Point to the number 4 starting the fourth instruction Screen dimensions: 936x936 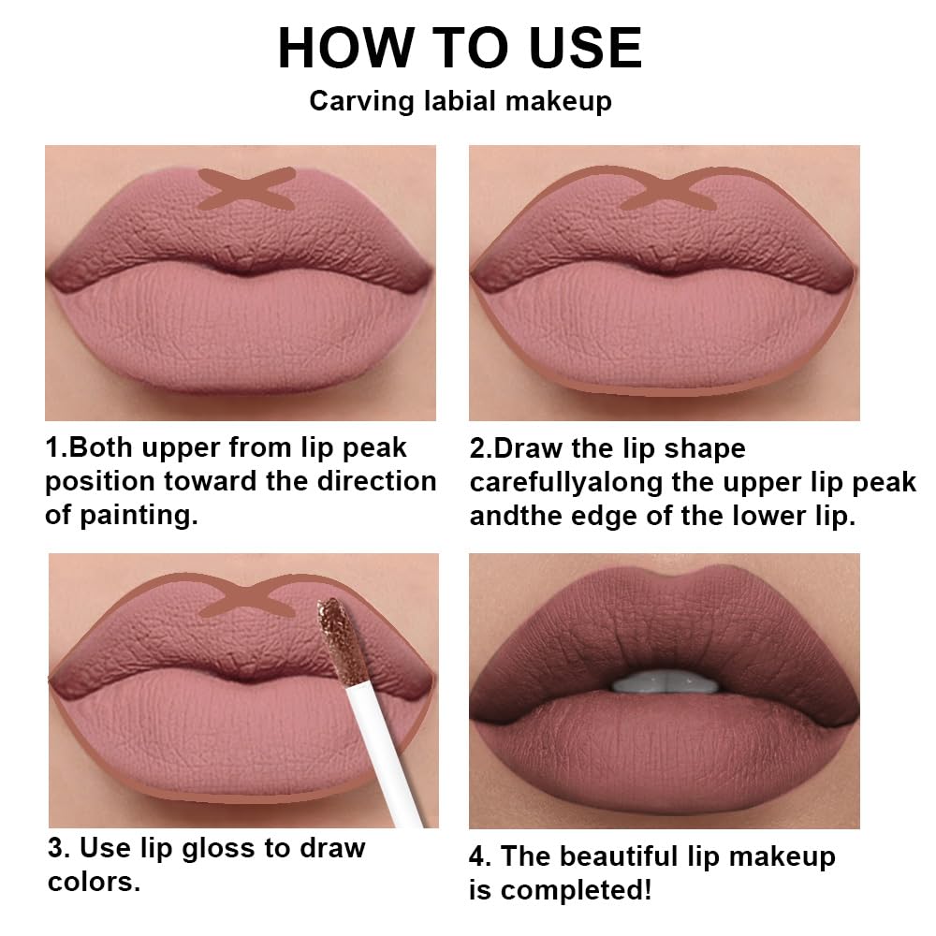tap(478, 856)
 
